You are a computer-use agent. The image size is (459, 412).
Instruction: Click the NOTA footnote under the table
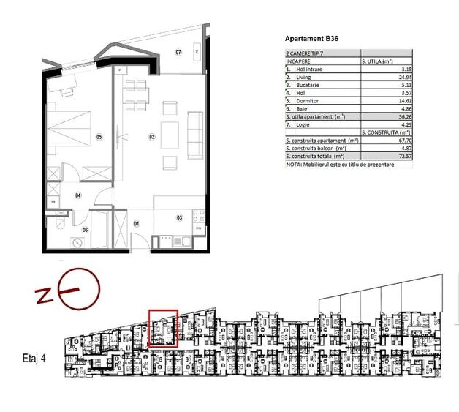339,165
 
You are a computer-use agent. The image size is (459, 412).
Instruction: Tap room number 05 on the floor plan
99,137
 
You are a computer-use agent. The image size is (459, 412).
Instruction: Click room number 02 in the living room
152,137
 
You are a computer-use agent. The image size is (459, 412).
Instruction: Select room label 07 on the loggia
178,53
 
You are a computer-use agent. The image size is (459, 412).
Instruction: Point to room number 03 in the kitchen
178,217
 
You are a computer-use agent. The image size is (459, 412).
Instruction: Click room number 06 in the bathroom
85,231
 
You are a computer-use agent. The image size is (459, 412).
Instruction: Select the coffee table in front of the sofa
170,135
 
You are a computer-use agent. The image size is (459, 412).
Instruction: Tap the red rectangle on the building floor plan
164,327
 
